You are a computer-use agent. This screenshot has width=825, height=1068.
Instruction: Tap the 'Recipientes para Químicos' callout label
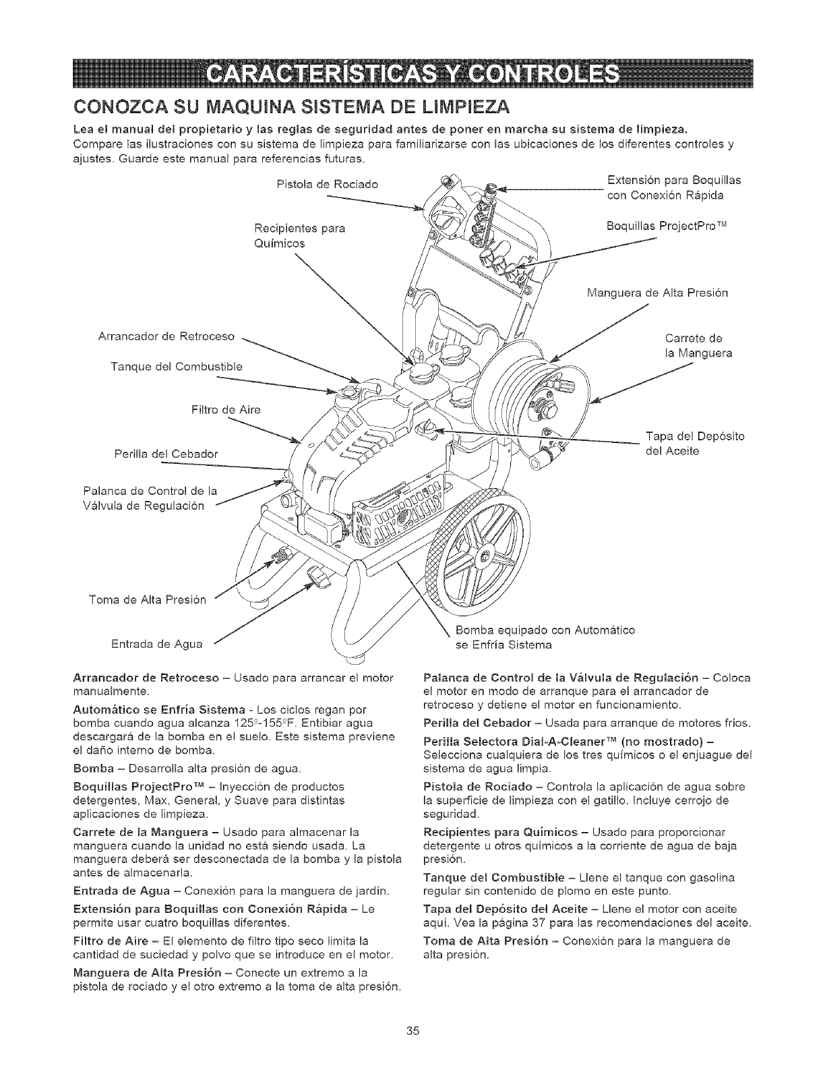tap(299, 235)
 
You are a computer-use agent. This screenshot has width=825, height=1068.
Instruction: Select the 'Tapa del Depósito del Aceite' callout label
tap(694, 443)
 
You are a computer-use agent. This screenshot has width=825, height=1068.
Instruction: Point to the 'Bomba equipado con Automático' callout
tap(545, 631)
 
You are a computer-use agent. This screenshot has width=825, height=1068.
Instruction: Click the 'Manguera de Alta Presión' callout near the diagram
tap(657, 293)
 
